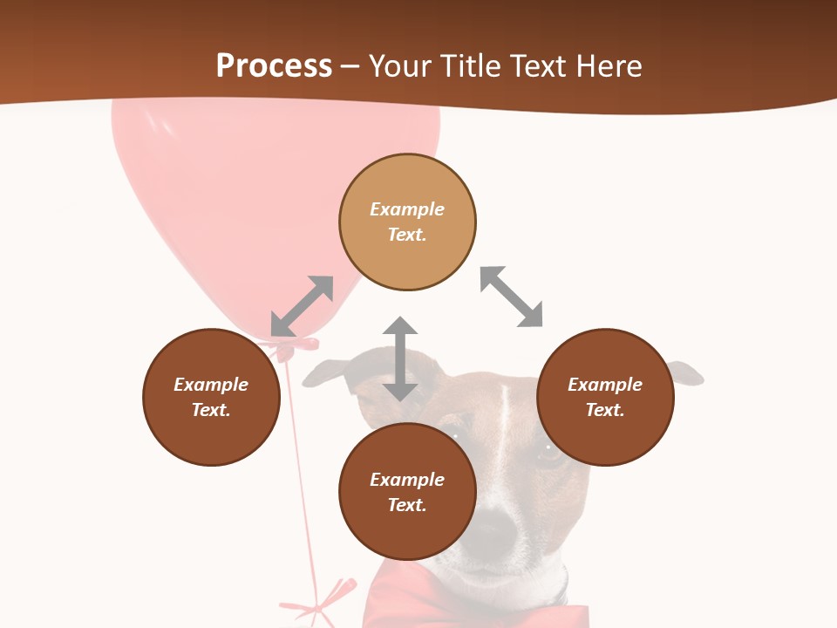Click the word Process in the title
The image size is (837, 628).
(x=274, y=66)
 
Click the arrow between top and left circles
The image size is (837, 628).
(x=302, y=306)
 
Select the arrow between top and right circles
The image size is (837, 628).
(x=511, y=297)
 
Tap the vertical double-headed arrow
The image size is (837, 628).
(x=400, y=359)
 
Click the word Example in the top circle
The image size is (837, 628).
(x=407, y=209)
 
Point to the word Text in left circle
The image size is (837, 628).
(x=211, y=410)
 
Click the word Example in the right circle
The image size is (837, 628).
(x=605, y=385)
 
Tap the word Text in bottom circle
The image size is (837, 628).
(x=407, y=505)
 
